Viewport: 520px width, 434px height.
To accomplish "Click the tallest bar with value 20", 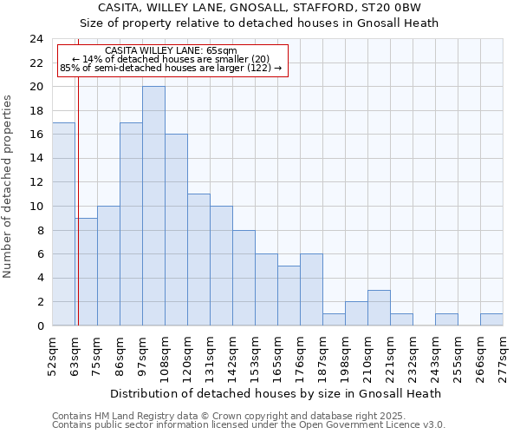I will tap(153, 206).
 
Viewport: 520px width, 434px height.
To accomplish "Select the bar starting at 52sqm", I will tap(63, 224).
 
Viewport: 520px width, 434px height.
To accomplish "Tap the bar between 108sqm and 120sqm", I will tap(176, 230).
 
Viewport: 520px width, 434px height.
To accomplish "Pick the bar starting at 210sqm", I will tap(379, 308).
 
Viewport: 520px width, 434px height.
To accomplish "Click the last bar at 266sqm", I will tap(491, 319).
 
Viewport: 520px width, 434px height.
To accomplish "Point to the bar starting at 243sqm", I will tap(446, 319).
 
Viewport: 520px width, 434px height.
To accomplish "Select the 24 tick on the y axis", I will tap(36, 39).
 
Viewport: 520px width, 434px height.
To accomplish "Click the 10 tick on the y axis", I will tap(36, 207).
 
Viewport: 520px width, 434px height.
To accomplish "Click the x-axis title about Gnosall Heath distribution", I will tap(276, 393).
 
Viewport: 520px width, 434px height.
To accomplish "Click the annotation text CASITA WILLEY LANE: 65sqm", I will tap(170, 50).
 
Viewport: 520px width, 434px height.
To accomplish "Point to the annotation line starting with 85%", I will tap(170, 68).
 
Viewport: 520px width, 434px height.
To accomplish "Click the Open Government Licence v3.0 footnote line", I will tap(249, 425).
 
